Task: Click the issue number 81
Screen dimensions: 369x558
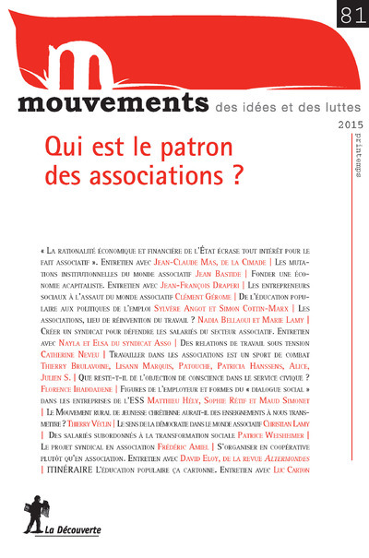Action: tap(349, 13)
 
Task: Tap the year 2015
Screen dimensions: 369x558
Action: tap(346, 126)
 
